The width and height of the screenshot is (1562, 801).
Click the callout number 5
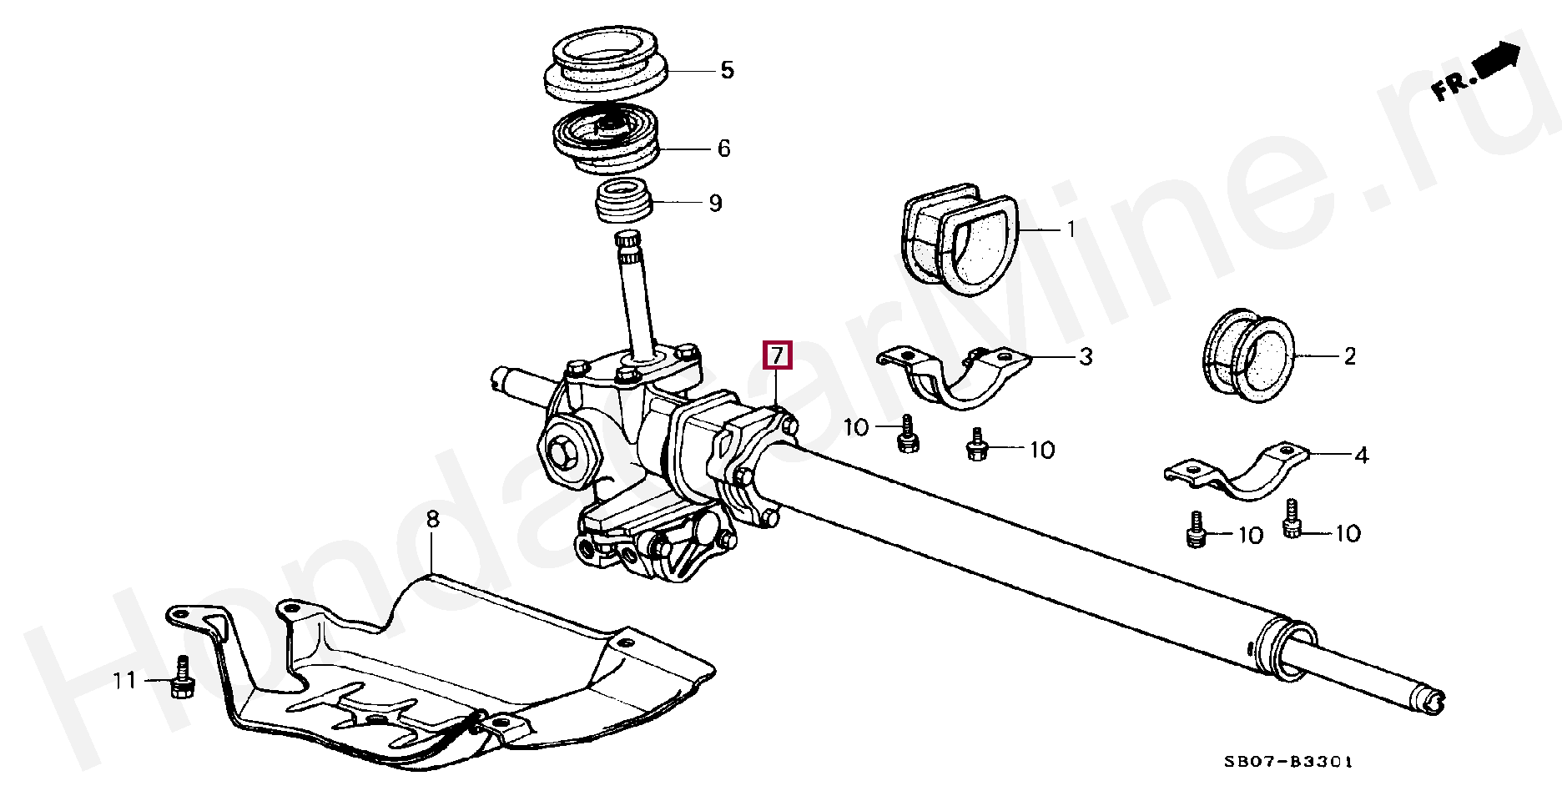click(x=727, y=70)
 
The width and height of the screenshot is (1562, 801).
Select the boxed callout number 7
click(x=777, y=355)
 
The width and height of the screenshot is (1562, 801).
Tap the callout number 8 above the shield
click(x=431, y=521)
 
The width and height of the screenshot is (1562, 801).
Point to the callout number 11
click(x=125, y=681)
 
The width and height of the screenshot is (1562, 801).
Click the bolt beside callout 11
click(x=182, y=677)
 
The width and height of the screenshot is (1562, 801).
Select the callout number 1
click(x=1071, y=229)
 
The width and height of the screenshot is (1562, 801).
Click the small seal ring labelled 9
click(x=622, y=201)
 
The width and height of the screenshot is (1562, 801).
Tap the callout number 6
click(x=723, y=149)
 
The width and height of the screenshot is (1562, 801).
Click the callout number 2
click(x=1350, y=357)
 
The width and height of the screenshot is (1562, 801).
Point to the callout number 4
click(x=1361, y=456)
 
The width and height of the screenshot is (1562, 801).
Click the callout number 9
click(x=715, y=203)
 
